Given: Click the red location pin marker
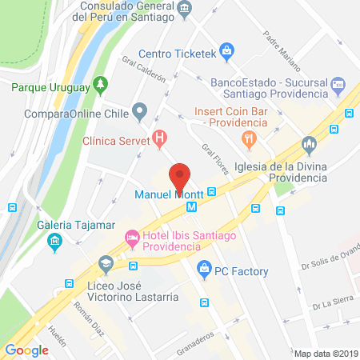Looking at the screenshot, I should tap(181, 176).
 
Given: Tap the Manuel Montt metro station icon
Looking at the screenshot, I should tap(191, 206).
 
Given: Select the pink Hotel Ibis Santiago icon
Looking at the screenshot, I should tap(132, 238).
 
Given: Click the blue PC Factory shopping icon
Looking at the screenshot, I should tap(204, 268).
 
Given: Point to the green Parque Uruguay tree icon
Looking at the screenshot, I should tap(99, 82).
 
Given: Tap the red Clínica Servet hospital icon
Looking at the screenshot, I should tap(160, 138).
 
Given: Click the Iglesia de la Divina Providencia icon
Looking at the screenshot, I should tap(310, 146).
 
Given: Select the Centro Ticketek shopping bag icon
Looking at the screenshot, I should tap(228, 54).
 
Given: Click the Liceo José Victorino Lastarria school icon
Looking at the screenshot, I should tap(105, 265).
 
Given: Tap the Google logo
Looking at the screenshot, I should tap(26, 349).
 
